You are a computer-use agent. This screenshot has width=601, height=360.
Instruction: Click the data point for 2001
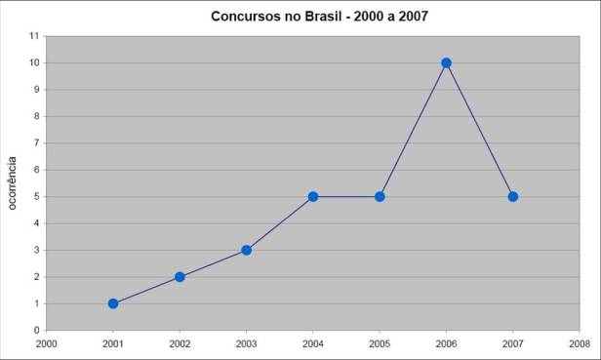pos(113,303)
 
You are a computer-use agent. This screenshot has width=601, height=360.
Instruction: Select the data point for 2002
pos(180,277)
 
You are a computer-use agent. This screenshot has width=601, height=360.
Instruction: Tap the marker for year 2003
pos(247,250)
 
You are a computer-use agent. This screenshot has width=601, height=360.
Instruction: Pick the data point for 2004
pos(313,196)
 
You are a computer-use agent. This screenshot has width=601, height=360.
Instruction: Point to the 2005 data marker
pos(380,196)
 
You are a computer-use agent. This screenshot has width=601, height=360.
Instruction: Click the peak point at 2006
pos(446,62)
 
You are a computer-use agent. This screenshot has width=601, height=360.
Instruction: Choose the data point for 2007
pos(512,196)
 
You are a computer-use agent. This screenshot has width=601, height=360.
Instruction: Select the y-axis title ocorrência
pos(13,181)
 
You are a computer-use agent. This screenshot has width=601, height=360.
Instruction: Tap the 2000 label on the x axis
pos(46,343)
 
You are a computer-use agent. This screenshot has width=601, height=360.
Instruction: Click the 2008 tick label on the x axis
pos(579,343)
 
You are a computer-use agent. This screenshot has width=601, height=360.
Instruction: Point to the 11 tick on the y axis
pos(33,36)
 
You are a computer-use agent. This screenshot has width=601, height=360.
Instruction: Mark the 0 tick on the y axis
pos(35,330)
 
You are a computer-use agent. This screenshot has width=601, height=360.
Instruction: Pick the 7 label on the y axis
pos(35,143)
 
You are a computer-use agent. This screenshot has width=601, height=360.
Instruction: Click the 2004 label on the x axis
pos(313,343)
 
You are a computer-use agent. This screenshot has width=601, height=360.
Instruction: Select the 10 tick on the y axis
pos(33,63)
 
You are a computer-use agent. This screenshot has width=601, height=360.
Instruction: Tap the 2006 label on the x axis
pos(446,343)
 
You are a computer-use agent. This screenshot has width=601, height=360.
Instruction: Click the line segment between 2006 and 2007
pos(479,129)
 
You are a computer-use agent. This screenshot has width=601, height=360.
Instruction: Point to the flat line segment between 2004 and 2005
pos(346,196)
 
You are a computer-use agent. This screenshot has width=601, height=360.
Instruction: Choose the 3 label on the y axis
pos(35,250)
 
